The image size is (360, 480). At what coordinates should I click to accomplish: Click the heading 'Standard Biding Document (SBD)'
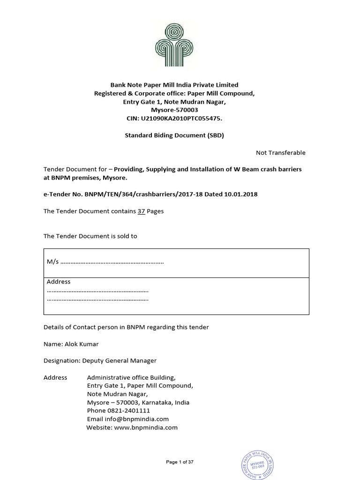pyautogui.click(x=174, y=135)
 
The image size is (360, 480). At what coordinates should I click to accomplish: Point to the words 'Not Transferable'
pyautogui.click(x=280, y=152)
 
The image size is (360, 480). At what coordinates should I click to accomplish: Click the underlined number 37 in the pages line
pyautogui.click(x=141, y=211)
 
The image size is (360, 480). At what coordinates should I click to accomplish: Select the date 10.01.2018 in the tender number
pyautogui.click(x=241, y=194)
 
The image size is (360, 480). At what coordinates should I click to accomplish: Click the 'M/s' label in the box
pyautogui.click(x=51, y=262)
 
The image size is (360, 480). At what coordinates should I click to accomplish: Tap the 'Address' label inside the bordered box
pyautogui.click(x=59, y=282)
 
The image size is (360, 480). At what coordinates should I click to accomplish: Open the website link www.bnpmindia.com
pyautogui.click(x=146, y=427)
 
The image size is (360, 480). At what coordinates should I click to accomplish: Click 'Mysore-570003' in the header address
pyautogui.click(x=174, y=110)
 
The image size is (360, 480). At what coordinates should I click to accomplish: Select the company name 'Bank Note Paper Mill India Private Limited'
pyautogui.click(x=174, y=85)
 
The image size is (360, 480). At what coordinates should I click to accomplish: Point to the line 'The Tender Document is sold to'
pyautogui.click(x=90, y=236)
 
